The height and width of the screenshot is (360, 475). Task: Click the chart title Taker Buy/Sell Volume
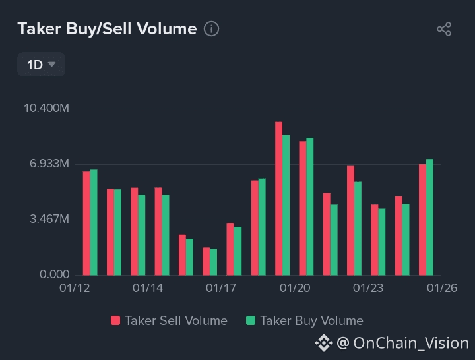pos(107,29)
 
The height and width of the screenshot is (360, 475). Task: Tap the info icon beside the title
pos(211,29)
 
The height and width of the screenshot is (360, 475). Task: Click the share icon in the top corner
pos(444,29)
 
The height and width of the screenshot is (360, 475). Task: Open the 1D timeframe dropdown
pos(41,65)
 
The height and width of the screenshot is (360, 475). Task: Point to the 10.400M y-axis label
pos(46,108)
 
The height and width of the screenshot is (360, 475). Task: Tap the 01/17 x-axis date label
pos(220,289)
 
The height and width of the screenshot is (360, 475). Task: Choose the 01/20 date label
pos(295,289)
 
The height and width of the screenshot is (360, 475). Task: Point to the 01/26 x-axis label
pos(442,289)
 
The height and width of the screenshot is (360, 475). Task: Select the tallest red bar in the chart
pos(279,198)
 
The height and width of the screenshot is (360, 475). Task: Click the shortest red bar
pos(206,261)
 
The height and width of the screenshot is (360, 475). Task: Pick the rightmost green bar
pos(429,217)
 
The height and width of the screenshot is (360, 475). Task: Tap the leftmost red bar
pos(86,223)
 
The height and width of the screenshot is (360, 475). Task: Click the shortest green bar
pos(213,262)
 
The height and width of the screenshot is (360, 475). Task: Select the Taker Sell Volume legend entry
pos(170,321)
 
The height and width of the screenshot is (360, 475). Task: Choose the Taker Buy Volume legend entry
pos(304,321)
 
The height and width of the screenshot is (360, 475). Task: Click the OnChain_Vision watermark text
pos(410,343)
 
